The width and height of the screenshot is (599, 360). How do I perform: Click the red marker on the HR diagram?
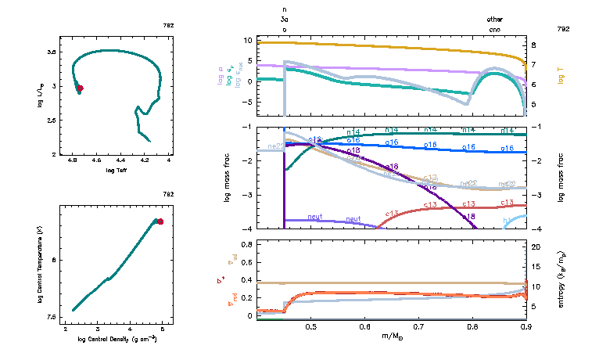click(79, 88)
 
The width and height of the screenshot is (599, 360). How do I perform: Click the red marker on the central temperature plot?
click(160, 221)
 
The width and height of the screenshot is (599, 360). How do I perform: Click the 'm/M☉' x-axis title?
click(393, 337)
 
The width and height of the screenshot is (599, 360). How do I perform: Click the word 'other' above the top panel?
click(495, 19)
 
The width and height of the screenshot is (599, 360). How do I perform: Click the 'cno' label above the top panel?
click(495, 29)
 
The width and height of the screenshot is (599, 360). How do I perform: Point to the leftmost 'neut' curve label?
click(316, 217)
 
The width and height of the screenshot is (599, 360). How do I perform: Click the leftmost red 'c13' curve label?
click(392, 211)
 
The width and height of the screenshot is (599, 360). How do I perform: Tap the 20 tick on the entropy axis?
click(536, 247)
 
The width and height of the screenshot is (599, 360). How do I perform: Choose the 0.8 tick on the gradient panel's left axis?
click(246, 244)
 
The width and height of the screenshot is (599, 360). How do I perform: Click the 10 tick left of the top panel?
click(248, 40)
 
